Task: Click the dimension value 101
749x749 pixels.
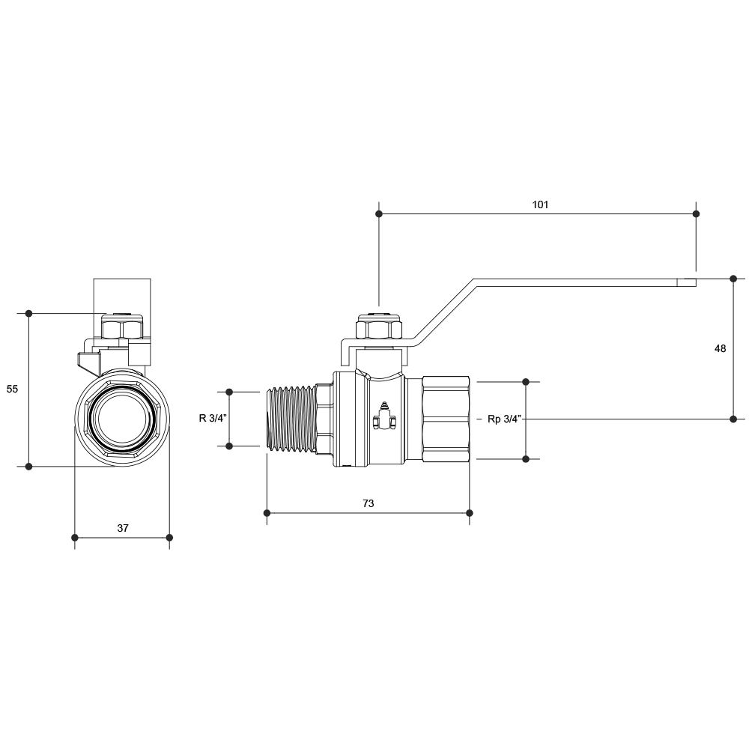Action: pyautogui.click(x=540, y=205)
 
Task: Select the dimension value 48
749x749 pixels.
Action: pyautogui.click(x=720, y=349)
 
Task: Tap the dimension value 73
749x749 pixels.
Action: pyautogui.click(x=369, y=503)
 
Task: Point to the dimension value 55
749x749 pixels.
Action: pyautogui.click(x=12, y=389)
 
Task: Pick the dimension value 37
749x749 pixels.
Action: pyautogui.click(x=123, y=528)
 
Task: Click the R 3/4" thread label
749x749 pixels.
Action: pyautogui.click(x=213, y=419)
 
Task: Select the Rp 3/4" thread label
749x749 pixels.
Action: pyautogui.click(x=504, y=419)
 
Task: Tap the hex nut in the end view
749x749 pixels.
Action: pyautogui.click(x=122, y=327)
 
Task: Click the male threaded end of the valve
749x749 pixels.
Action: pyautogui.click(x=290, y=419)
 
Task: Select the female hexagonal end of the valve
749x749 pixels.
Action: pyautogui.click(x=446, y=419)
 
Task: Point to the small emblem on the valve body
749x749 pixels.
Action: pyautogui.click(x=384, y=416)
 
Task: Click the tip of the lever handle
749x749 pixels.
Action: pyautogui.click(x=696, y=282)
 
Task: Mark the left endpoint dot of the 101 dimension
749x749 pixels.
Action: pyautogui.click(x=379, y=214)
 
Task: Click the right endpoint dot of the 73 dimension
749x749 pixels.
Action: pyautogui.click(x=470, y=513)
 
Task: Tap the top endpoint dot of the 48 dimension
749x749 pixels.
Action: pyautogui.click(x=734, y=279)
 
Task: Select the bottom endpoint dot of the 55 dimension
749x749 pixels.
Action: pyautogui.click(x=28, y=466)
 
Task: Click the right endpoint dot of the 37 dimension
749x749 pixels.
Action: pyautogui.click(x=169, y=538)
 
